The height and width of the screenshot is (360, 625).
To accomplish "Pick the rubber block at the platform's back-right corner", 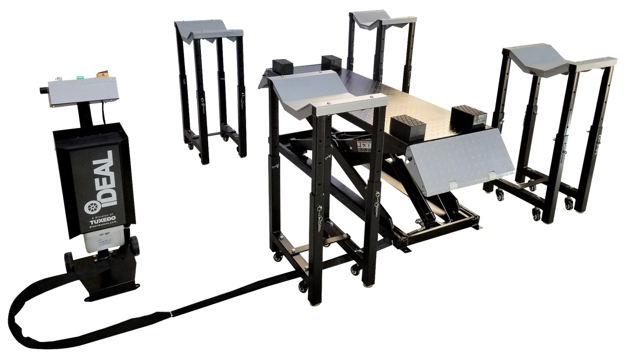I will click(x=330, y=62).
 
